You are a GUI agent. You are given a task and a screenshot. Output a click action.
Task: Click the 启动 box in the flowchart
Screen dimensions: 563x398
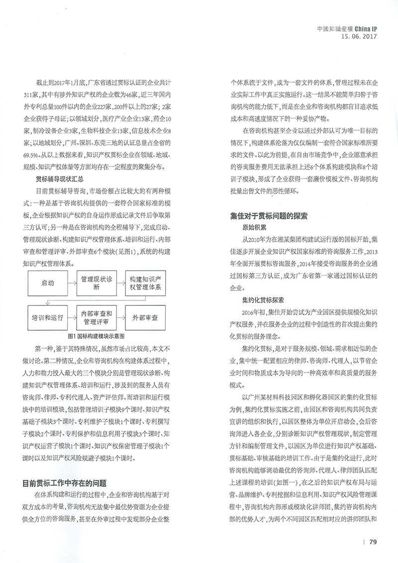tap(48, 283)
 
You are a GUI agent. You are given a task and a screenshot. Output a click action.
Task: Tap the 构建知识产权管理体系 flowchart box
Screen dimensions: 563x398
tap(149, 283)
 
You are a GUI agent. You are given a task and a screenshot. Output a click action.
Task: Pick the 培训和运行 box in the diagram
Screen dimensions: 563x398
tap(48, 316)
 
